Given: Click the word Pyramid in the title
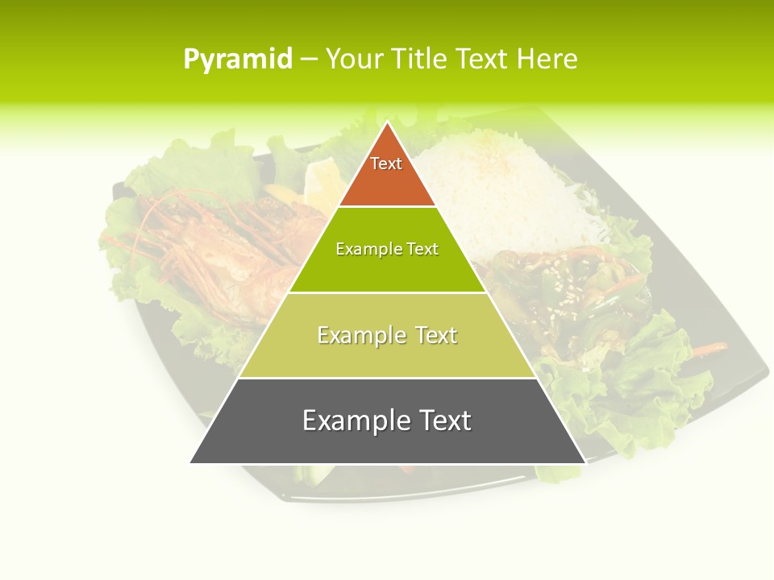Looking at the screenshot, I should (238, 60).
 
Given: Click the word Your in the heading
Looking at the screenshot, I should (352, 60).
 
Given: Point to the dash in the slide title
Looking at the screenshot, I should (309, 60).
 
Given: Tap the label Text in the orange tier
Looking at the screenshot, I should (386, 164).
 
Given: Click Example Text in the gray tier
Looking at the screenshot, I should (387, 420).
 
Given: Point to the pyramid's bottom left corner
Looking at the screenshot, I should (190, 462).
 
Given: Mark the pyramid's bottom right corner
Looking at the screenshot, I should (585, 462).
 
